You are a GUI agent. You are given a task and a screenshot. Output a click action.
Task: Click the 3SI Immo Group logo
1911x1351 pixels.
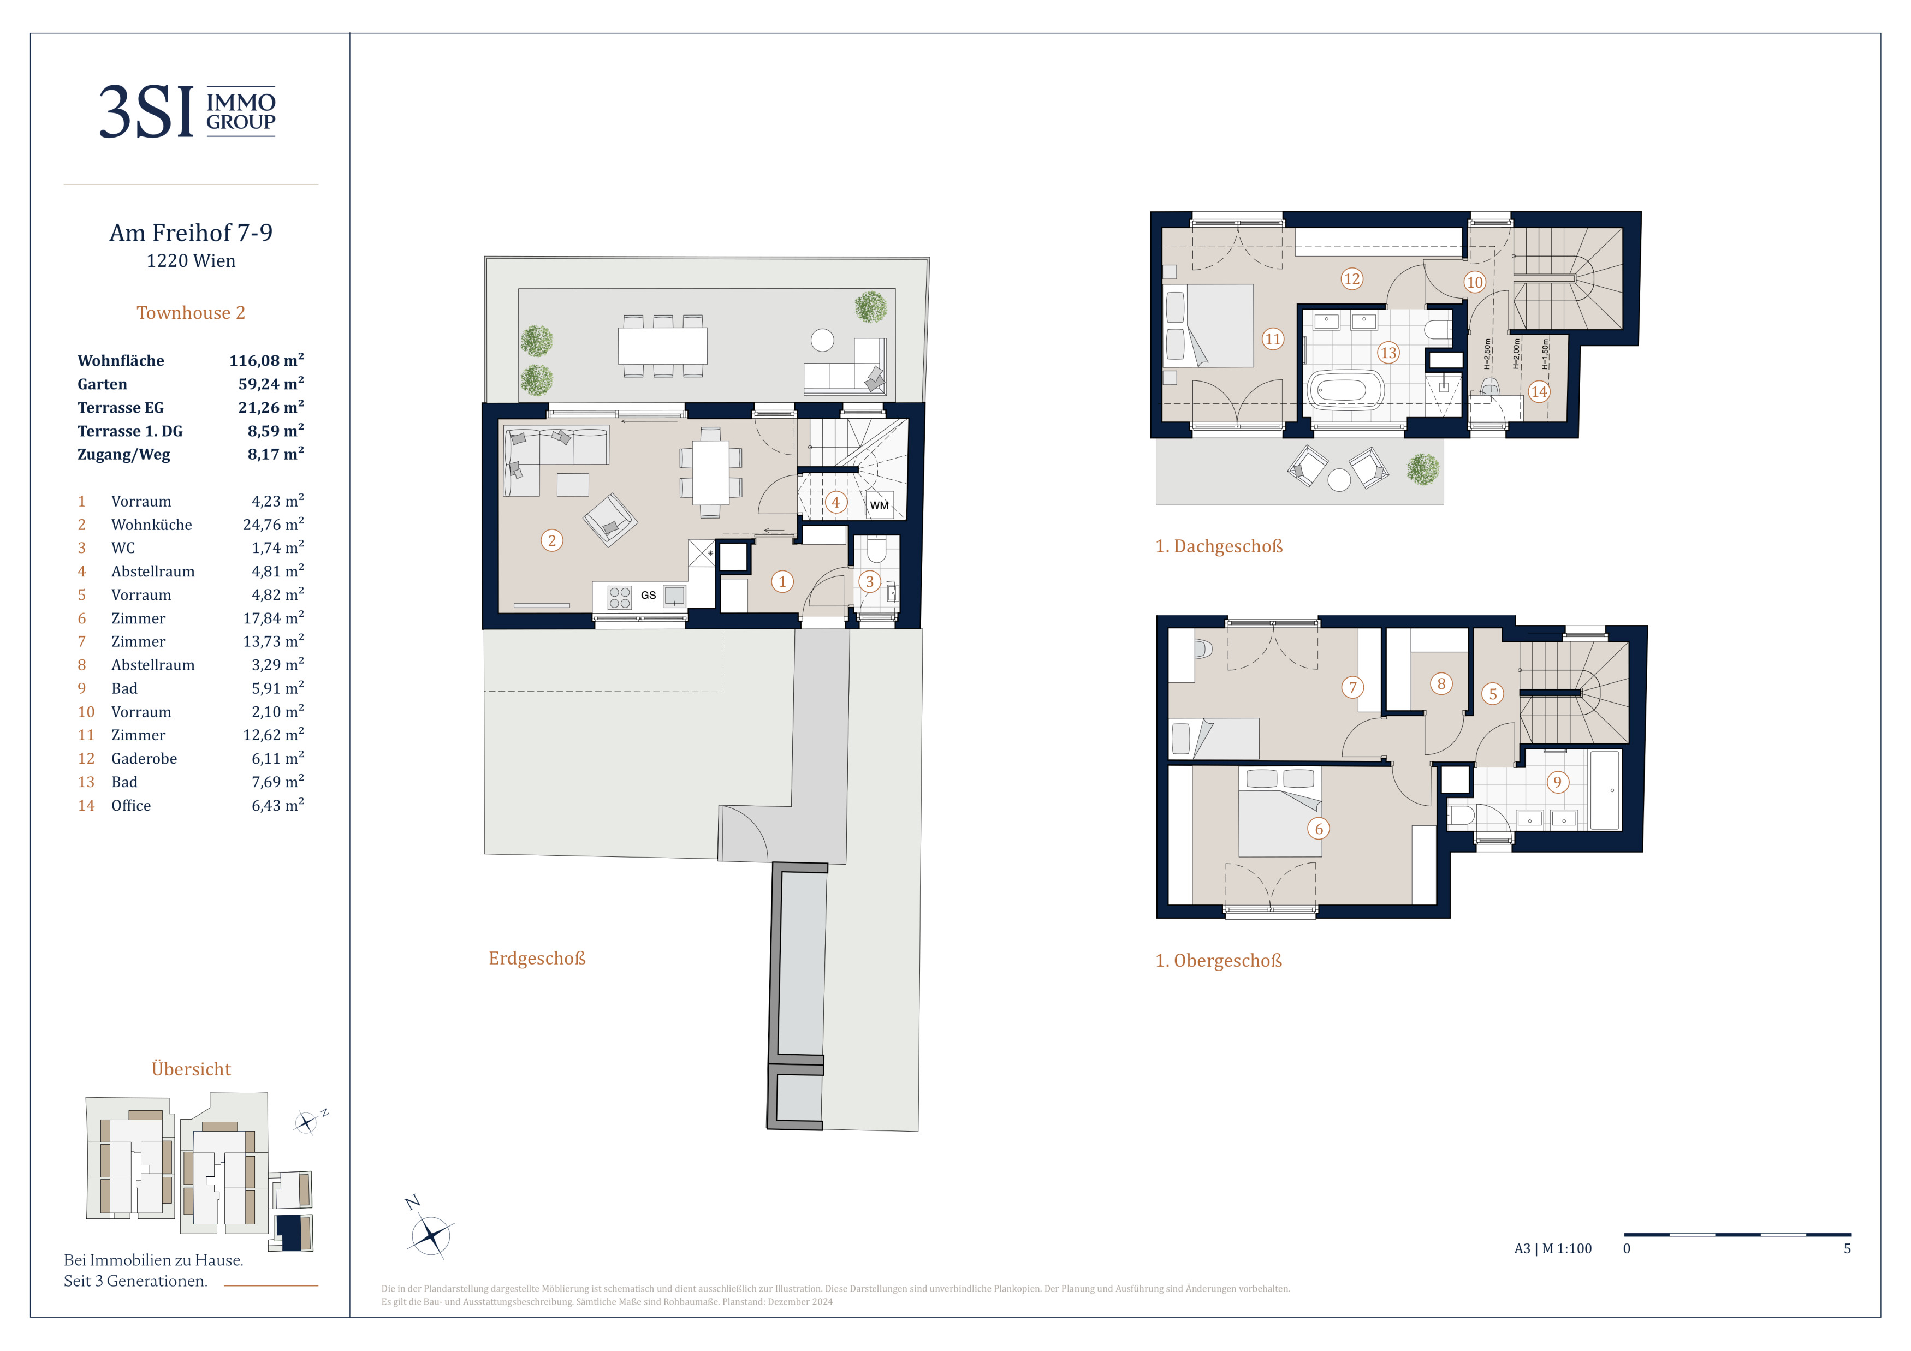[187, 111]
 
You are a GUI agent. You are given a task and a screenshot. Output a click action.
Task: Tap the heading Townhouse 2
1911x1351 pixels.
[191, 313]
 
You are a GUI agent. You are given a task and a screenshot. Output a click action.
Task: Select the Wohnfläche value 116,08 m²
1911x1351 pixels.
[266, 360]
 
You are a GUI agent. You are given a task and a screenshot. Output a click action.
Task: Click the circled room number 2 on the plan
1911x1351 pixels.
[552, 541]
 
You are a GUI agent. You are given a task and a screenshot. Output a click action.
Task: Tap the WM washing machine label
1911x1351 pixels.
[879, 505]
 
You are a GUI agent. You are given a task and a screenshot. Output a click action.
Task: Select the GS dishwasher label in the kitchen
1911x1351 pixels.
[649, 596]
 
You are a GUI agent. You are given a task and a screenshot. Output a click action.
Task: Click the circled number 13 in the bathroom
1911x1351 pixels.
[1388, 353]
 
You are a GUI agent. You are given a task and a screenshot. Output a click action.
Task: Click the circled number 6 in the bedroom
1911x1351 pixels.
[1319, 829]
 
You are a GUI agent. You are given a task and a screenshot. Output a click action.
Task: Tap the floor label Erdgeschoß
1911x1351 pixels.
[537, 959]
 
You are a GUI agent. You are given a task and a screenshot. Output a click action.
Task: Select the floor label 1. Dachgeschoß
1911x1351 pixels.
[1219, 546]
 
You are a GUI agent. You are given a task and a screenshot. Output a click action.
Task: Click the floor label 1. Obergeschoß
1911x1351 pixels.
[1219, 961]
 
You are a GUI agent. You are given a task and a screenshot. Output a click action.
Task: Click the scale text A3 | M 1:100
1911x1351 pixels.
[1552, 1249]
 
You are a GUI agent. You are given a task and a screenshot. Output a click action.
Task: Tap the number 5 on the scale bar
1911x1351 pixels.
[1847, 1249]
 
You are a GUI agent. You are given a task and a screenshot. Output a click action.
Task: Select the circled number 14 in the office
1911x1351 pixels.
[1539, 392]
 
